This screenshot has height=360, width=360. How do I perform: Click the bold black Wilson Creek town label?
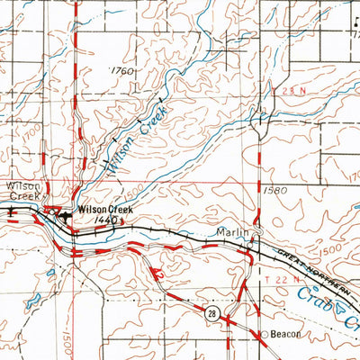coord(105,209)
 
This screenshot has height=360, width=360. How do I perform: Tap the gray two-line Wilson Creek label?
coord(20,192)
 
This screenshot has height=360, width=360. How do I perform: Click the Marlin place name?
coord(231,231)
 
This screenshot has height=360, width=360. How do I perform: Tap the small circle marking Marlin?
coord(256,236)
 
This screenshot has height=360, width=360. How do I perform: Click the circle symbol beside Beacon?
coord(264,335)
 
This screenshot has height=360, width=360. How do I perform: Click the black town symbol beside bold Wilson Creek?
coord(65,215)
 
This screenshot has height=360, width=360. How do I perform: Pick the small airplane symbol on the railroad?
coord(13,212)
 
